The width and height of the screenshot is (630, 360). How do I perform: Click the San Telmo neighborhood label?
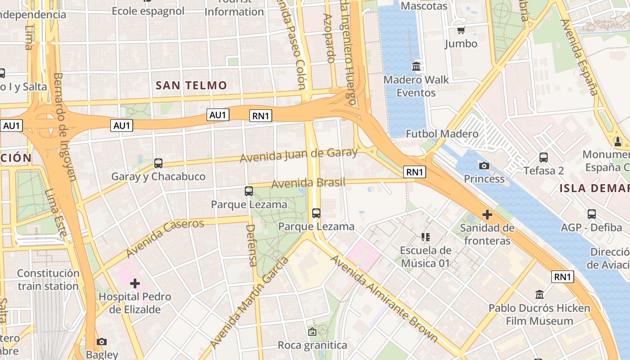click(x=191, y=85)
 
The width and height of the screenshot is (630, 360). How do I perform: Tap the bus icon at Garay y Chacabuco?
click(x=158, y=163)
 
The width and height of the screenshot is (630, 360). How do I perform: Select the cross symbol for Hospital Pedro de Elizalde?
click(x=135, y=283)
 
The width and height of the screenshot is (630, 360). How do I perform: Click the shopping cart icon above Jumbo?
click(x=461, y=31)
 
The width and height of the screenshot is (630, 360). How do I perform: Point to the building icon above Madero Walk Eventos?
click(x=416, y=67)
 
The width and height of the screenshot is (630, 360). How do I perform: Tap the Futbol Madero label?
click(x=442, y=134)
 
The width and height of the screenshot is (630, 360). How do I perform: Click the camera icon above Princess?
click(x=484, y=166)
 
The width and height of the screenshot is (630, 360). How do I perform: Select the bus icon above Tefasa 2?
click(x=544, y=157)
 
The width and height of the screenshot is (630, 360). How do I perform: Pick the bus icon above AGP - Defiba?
click(x=591, y=214)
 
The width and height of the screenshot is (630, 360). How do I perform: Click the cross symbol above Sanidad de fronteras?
click(x=487, y=215)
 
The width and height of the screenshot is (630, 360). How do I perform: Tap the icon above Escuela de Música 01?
click(x=425, y=237)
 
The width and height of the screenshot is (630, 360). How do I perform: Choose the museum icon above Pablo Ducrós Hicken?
click(x=539, y=295)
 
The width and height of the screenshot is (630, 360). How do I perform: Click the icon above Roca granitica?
click(x=312, y=332)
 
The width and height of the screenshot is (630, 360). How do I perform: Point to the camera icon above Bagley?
click(x=102, y=342)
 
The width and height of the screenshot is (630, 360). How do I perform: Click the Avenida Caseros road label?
click(x=166, y=238)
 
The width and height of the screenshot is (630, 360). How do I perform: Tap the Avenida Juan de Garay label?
click(x=298, y=155)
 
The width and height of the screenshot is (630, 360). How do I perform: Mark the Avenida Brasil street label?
click(x=308, y=183)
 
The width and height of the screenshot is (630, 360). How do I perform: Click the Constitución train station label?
click(x=48, y=279)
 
